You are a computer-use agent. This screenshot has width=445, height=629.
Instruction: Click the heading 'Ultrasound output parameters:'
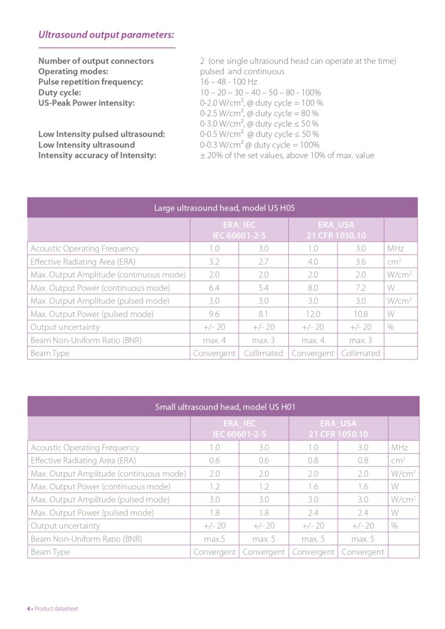click(x=106, y=35)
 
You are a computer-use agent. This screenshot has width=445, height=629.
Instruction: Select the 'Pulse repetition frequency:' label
click(x=91, y=82)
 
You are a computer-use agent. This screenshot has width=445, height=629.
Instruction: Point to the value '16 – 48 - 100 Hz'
click(x=228, y=82)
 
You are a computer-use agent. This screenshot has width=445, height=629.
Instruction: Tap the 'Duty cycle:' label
click(x=60, y=92)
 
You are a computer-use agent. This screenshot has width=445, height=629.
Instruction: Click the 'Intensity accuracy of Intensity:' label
click(x=97, y=155)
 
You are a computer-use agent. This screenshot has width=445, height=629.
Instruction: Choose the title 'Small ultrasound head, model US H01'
click(x=225, y=407)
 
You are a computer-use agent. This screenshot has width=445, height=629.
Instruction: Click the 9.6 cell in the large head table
click(x=214, y=314)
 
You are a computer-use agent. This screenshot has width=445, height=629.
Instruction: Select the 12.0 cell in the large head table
click(x=313, y=314)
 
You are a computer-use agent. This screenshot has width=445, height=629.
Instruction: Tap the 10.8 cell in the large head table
click(x=361, y=314)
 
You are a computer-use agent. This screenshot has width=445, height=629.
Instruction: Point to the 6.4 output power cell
click(x=214, y=287)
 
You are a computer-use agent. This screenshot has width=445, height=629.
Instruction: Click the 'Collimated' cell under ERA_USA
click(x=361, y=353)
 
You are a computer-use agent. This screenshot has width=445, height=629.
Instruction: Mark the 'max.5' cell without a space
click(x=214, y=539)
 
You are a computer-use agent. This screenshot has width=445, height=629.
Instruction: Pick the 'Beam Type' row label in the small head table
click(x=50, y=552)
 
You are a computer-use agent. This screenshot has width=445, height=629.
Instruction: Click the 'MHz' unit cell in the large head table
click(x=396, y=248)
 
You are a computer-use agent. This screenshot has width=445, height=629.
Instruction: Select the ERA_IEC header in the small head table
click(x=239, y=429)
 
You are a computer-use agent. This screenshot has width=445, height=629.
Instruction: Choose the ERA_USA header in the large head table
click(x=336, y=229)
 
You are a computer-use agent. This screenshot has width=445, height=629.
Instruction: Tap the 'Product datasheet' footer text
click(x=56, y=609)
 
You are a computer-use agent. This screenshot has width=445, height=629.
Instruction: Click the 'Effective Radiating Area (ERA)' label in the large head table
click(x=83, y=261)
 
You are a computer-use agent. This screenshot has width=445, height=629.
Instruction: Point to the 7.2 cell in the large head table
click(x=361, y=287)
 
